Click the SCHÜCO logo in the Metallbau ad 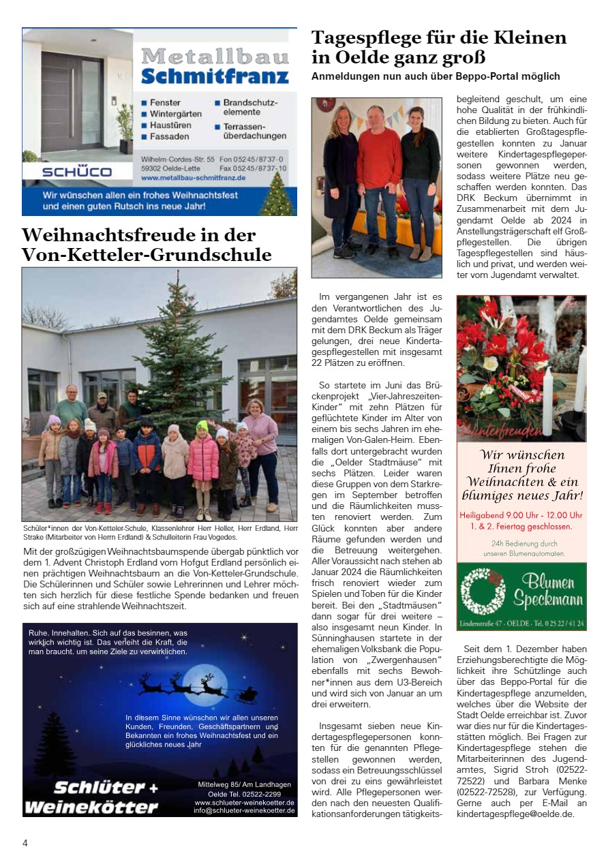[x=76, y=172]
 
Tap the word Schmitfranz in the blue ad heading [x=215, y=76]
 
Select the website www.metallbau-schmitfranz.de [x=194, y=178]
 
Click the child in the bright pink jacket [x=203, y=463]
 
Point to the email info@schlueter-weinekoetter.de [x=244, y=810]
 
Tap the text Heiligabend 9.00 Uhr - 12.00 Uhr [x=521, y=515]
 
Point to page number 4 [x=25, y=843]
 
